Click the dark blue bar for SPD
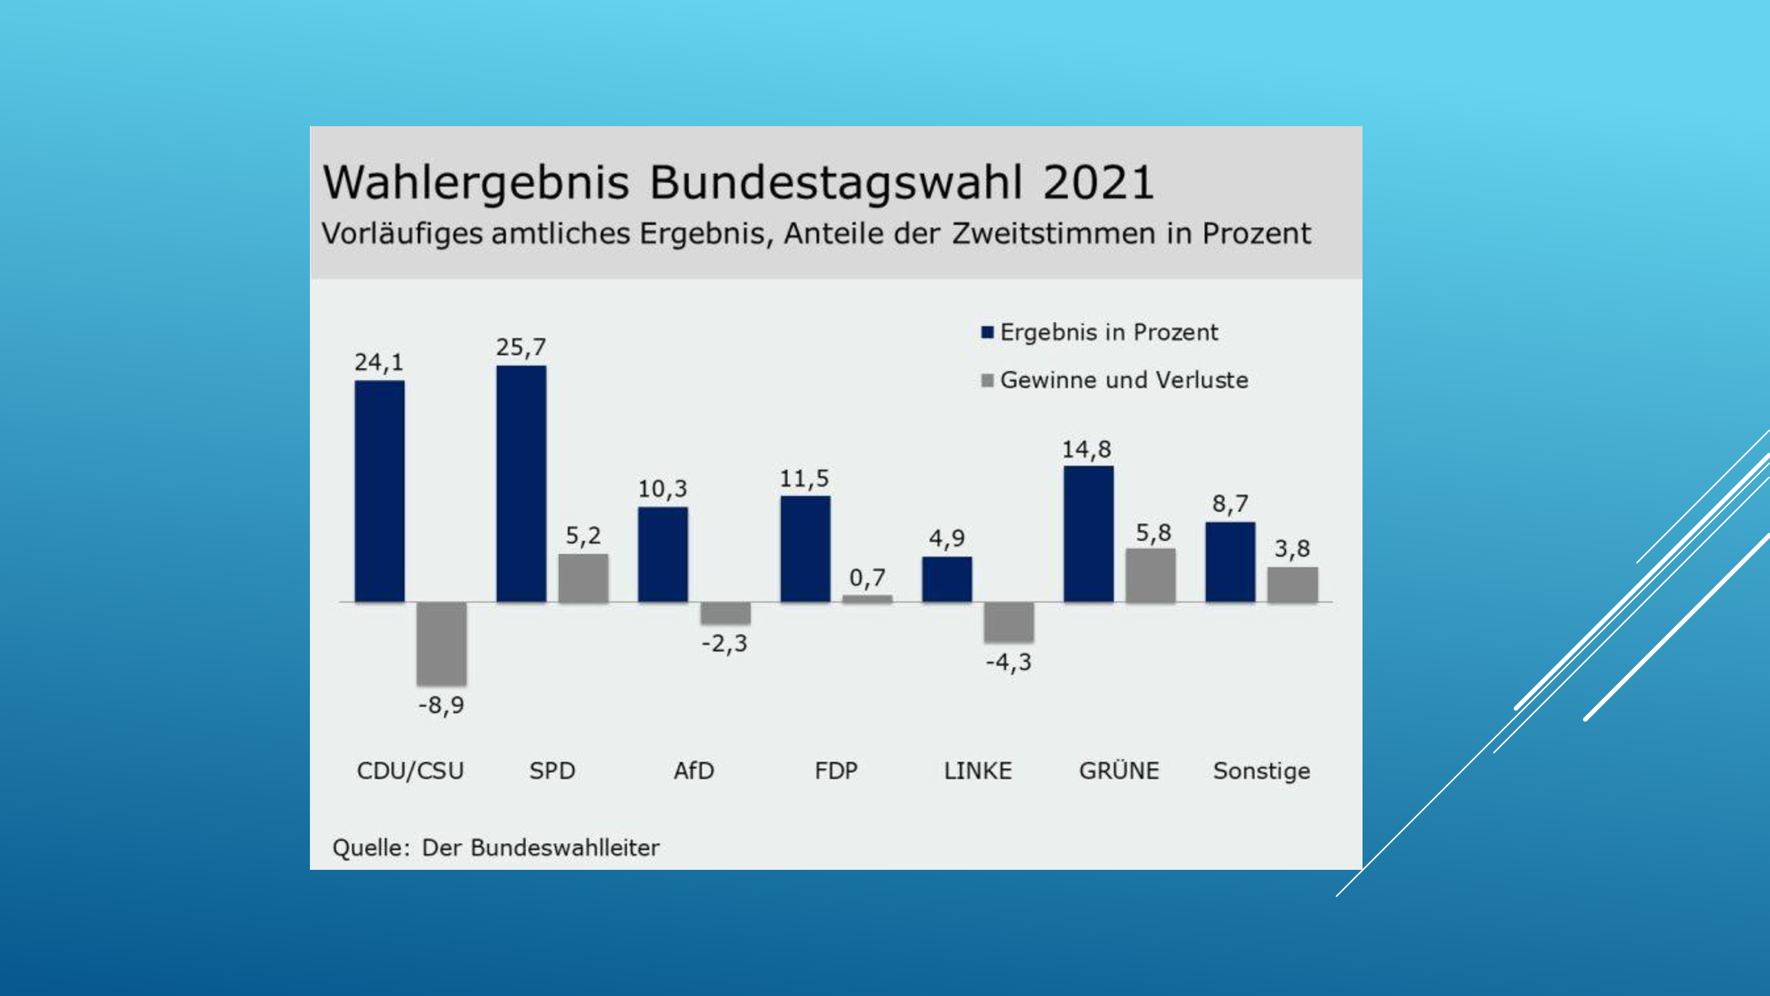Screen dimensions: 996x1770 (521, 483)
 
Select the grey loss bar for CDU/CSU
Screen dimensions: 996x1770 (441, 643)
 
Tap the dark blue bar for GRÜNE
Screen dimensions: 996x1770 (1088, 533)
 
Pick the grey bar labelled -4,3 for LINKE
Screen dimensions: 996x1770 (1008, 622)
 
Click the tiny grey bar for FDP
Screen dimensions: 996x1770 (867, 599)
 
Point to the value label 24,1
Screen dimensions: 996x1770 (378, 363)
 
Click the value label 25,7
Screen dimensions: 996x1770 (521, 347)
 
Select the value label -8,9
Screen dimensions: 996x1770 (441, 705)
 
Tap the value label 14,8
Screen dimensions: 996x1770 (1086, 450)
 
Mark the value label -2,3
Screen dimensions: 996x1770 (724, 643)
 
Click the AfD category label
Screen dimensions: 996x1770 (694, 770)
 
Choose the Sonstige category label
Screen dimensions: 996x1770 (1262, 770)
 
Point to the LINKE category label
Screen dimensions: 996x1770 (978, 770)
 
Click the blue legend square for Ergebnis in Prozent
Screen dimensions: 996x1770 (988, 333)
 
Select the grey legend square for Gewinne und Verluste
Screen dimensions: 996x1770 (988, 380)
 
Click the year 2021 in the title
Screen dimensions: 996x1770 (1098, 183)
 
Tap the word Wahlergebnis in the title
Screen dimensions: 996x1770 (475, 183)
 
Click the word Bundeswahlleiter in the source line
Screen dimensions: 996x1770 (565, 847)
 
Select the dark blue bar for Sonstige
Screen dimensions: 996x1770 (1230, 562)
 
